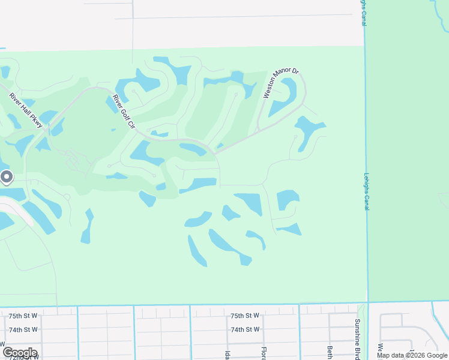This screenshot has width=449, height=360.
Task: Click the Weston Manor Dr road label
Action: point(281,83)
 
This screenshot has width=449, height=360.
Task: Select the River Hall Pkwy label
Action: point(26,110)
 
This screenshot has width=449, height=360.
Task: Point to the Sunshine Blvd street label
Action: point(357,338)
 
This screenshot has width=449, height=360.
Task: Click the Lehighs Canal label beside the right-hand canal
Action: point(366,191)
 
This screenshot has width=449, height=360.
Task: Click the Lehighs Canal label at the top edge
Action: point(363,13)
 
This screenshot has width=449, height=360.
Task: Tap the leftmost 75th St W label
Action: point(23,316)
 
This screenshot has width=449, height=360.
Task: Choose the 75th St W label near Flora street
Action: point(245,316)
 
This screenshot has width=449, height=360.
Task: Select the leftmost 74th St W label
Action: point(23,329)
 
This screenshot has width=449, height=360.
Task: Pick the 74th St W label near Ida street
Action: point(245,329)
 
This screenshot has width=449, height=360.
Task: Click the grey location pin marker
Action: point(7,177)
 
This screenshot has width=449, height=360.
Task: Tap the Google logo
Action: point(20,353)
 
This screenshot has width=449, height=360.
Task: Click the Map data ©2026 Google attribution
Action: point(412,355)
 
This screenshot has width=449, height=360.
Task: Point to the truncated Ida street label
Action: point(228,352)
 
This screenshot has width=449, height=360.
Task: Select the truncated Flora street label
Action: point(263,350)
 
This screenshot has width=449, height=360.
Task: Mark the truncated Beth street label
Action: point(330,350)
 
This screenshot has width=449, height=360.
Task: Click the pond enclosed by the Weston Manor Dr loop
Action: point(282,99)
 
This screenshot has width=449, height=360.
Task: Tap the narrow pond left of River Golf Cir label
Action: point(112,104)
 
